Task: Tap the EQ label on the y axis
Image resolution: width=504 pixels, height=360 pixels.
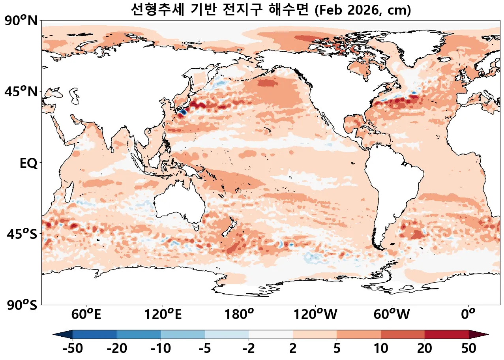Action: [28, 163]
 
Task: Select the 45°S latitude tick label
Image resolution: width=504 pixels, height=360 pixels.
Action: [22, 234]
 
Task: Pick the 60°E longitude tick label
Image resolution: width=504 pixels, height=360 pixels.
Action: [86, 315]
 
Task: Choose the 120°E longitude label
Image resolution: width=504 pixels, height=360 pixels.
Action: [163, 315]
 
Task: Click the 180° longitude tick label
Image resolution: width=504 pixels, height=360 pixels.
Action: [239, 315]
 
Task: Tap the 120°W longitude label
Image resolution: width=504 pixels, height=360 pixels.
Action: [315, 315]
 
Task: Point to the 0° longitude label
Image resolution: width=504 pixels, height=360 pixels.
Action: [468, 315]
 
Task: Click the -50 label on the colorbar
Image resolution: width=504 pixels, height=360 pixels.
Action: [73, 349]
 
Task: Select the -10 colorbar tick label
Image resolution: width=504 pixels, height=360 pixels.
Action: [161, 349]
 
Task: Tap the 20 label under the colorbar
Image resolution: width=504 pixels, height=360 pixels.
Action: [425, 349]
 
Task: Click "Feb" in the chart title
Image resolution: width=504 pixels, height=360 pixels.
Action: [330, 11]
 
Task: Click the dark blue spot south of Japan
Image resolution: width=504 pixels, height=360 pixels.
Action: [182, 112]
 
